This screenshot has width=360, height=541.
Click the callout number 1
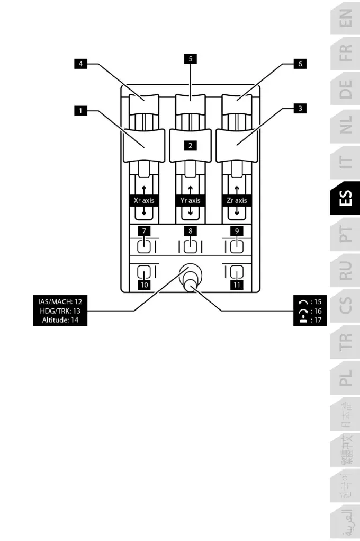[x=80, y=111]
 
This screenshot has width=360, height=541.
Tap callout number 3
[x=300, y=108]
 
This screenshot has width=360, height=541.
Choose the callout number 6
[x=300, y=63]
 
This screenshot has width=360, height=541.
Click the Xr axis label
[x=144, y=201]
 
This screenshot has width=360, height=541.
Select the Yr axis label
[x=190, y=201]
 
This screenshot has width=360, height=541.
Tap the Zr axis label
[x=236, y=201]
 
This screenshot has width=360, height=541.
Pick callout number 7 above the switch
[x=144, y=231]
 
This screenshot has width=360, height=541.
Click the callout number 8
[x=190, y=231]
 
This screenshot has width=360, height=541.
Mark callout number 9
[x=236, y=231]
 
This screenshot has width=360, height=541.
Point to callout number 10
[x=144, y=285]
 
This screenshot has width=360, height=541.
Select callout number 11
[x=236, y=285]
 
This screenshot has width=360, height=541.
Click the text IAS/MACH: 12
[x=60, y=301]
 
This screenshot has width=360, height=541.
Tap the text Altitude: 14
[x=60, y=320]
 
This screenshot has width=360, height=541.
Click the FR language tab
[x=345, y=54]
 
